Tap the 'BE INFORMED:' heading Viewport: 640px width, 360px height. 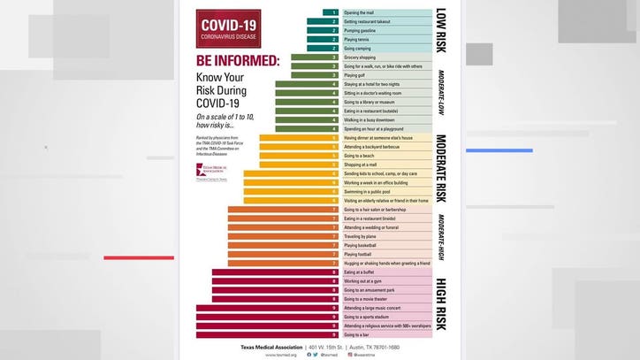[x=237, y=63]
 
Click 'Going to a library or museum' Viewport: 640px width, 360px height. [x=371, y=102]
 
